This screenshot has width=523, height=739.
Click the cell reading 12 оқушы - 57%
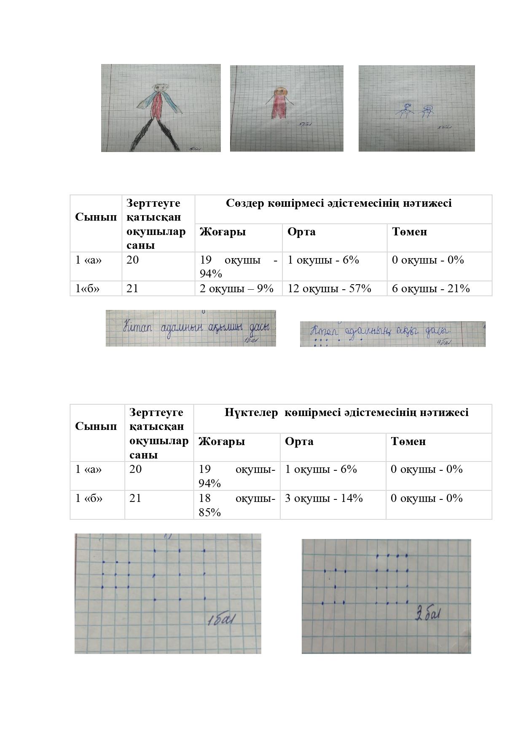coord(329,288)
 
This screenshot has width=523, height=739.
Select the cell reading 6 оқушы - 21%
coord(430,288)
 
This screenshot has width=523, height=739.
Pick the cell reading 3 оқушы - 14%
coord(323,498)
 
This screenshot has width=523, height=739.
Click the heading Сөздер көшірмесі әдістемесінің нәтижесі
coord(338,203)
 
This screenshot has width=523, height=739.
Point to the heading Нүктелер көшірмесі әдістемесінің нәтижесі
coord(346,412)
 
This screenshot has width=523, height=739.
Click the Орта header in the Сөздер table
coord(301,232)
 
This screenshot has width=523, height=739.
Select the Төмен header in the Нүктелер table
coord(408,441)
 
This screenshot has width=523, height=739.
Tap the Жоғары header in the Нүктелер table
coord(222,441)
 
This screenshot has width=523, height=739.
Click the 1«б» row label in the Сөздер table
coord(88,288)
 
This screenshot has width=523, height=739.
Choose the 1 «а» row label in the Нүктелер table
coord(89,469)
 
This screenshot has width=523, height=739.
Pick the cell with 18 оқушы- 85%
coord(236,505)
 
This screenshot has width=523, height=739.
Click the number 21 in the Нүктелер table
coord(135,498)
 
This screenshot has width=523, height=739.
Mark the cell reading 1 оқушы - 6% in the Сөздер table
coord(323,260)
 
